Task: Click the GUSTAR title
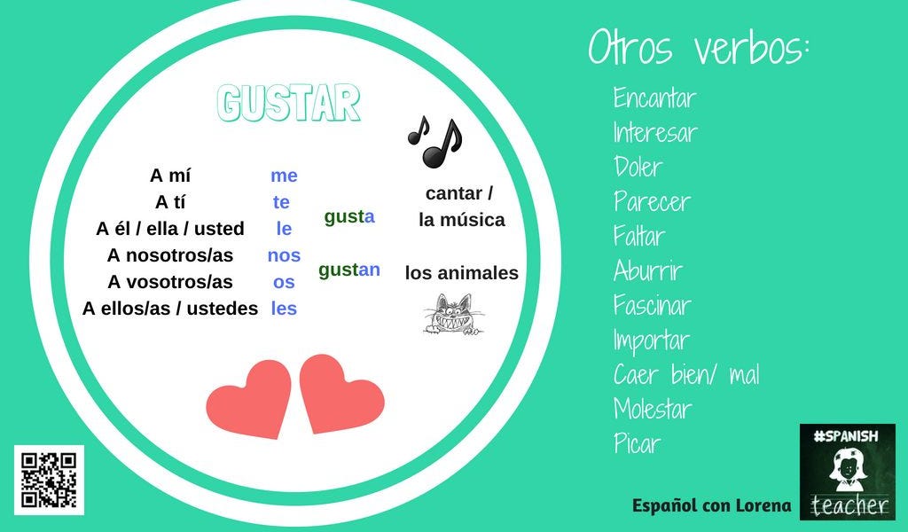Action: point(289,105)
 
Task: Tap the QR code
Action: point(49,480)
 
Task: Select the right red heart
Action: point(340,394)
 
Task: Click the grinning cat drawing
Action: point(451,316)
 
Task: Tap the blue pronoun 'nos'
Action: point(284,255)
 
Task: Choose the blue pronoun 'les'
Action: point(284,309)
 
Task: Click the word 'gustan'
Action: point(349,270)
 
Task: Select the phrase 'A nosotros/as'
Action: point(170,255)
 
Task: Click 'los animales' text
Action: point(461,273)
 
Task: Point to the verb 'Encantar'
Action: point(654,98)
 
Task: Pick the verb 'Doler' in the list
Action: point(638,168)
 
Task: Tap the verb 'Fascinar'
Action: point(652,306)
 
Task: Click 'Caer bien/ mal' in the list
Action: point(686,375)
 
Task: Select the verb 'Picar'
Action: point(637,444)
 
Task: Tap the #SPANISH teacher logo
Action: point(847,471)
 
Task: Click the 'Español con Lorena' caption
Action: point(711,505)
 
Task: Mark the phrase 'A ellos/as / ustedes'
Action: point(170,309)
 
